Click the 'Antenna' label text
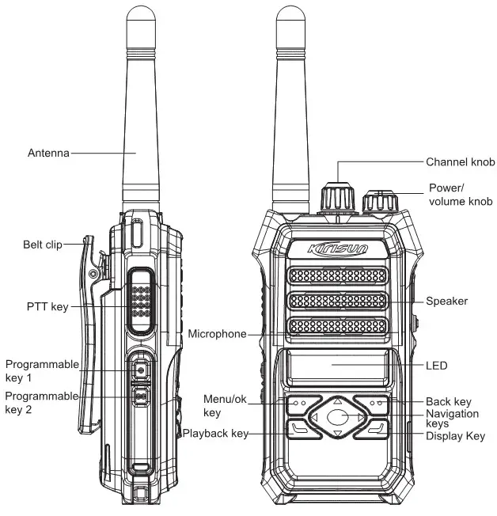click(48, 152)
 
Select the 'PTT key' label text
click(47, 306)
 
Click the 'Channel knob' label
click(460, 161)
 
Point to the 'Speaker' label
click(446, 301)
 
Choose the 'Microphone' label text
click(217, 333)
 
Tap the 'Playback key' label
click(215, 433)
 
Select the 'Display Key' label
click(454, 435)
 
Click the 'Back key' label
click(448, 402)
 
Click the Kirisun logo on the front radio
click(338, 249)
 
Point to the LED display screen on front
click(338, 366)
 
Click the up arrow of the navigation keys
click(338, 401)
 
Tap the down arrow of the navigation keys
click(338, 434)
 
